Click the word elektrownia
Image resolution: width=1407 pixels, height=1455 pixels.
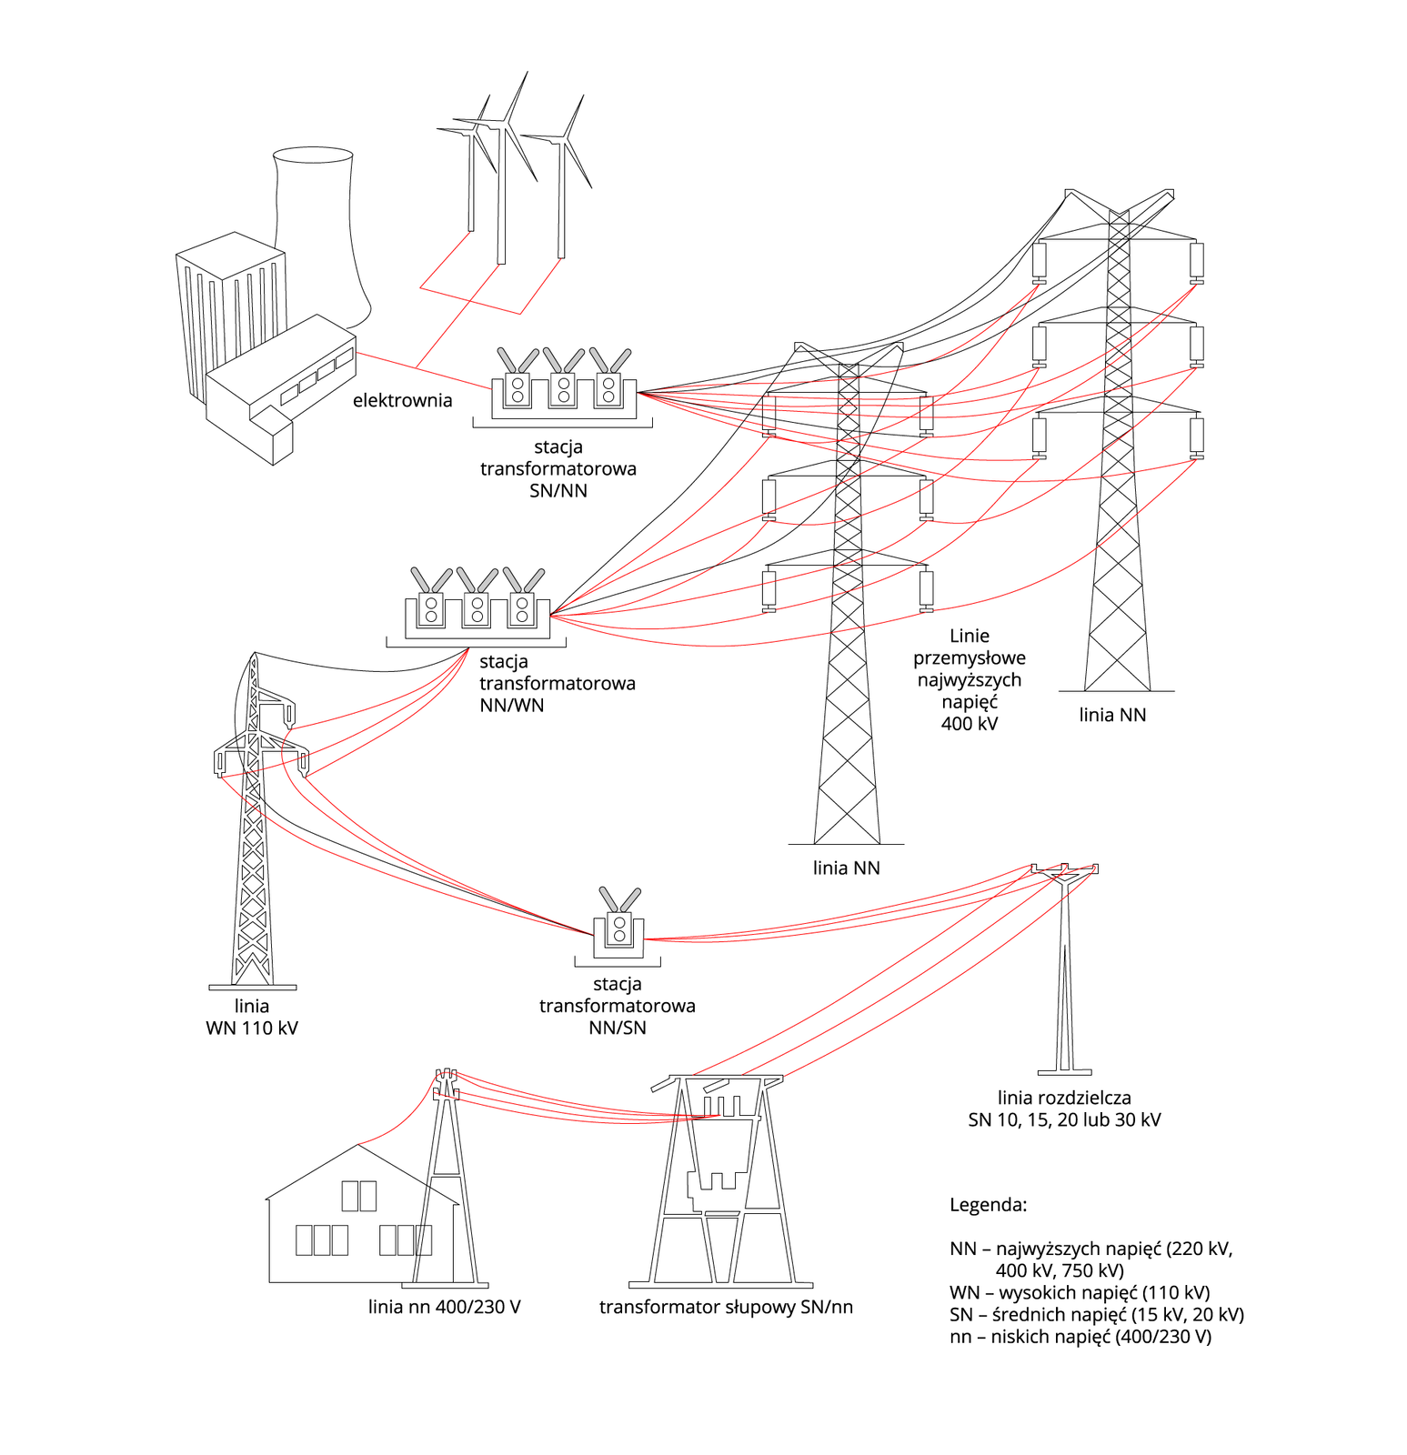point(402,401)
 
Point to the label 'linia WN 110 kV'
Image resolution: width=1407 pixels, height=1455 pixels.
point(252,1017)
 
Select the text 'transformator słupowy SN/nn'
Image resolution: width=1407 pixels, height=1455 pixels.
point(726,1308)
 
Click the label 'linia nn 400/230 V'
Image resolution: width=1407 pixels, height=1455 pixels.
point(444,1308)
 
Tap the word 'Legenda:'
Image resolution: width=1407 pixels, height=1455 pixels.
point(988,1205)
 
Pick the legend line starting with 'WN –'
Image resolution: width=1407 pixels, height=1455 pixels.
point(1080,1293)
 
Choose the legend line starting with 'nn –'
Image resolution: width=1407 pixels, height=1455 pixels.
point(1080,1337)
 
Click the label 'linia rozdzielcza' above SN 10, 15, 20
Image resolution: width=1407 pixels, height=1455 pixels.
point(1064,1098)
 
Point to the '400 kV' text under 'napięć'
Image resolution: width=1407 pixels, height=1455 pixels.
point(970,724)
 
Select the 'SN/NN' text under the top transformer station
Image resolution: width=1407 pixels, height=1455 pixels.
point(558,491)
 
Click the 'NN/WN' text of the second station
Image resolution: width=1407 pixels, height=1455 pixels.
point(512,706)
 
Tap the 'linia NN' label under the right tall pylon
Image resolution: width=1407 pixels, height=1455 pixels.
point(1112,715)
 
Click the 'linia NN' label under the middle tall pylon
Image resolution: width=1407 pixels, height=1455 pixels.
point(846,868)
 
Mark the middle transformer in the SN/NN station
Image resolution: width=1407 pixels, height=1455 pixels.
point(564,387)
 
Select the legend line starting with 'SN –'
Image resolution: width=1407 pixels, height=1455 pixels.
point(1096,1315)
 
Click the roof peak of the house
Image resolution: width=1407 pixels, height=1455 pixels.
point(359,1146)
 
